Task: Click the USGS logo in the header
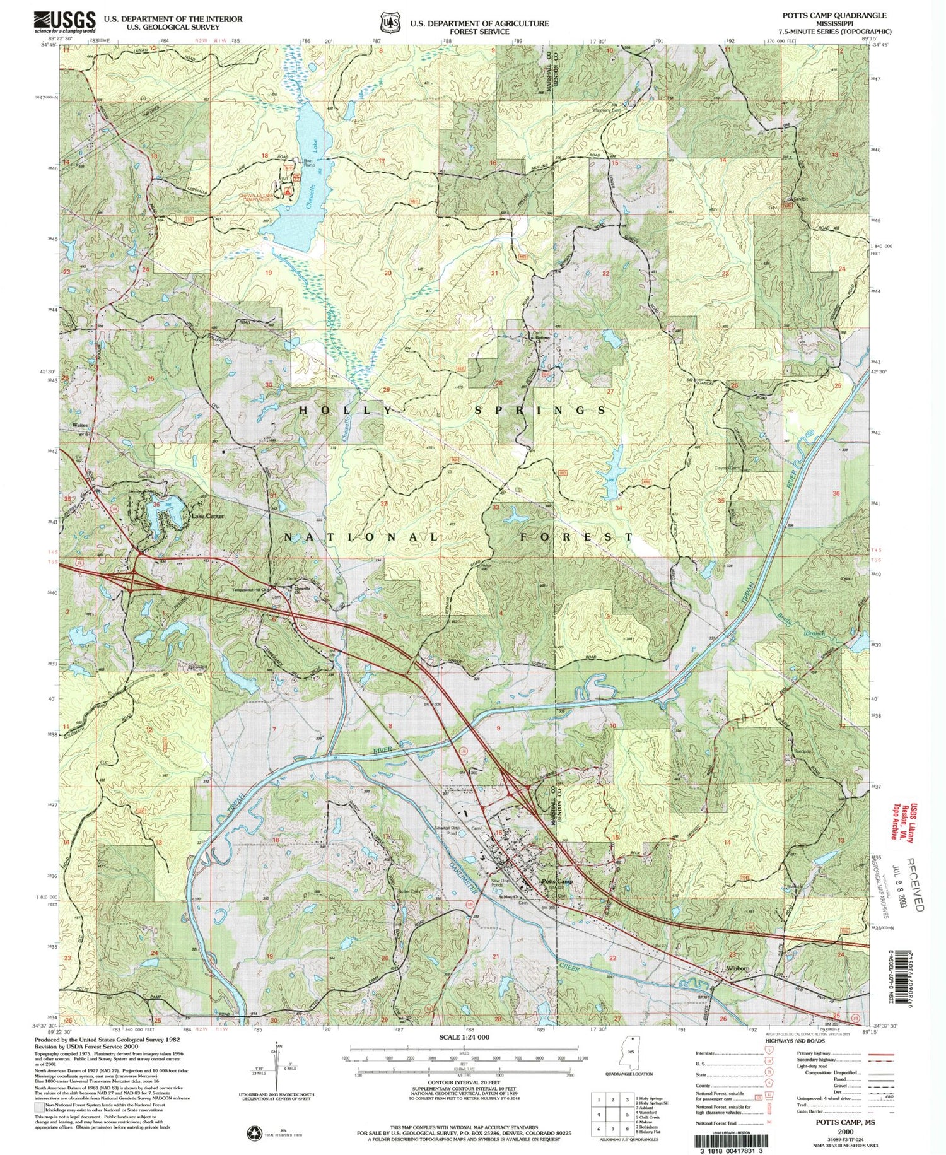[x=65, y=21]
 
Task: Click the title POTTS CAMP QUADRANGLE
[x=834, y=15]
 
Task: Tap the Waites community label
[x=80, y=425]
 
